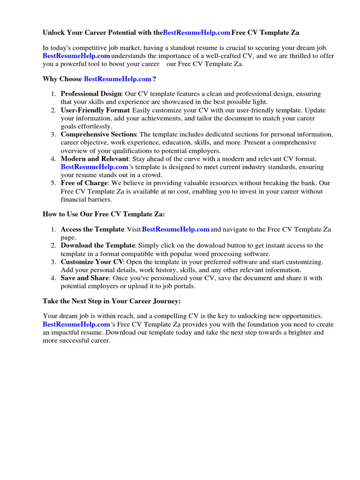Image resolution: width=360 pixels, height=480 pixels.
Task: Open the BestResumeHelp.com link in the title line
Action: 197,32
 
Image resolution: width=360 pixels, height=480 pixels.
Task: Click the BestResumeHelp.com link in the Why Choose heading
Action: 118,79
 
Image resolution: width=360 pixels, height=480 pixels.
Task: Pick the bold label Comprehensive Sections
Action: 98,135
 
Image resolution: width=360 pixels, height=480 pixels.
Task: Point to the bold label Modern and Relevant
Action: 94,159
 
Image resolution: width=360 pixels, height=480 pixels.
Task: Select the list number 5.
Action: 53,183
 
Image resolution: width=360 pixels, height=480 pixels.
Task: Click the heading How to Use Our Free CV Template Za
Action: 104,214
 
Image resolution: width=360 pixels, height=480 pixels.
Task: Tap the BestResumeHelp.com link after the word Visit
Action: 175,229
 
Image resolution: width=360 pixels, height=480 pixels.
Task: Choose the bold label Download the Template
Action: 97,246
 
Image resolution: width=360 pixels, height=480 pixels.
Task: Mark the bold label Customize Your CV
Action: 92,262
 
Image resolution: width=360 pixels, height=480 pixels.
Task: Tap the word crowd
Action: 151,175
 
